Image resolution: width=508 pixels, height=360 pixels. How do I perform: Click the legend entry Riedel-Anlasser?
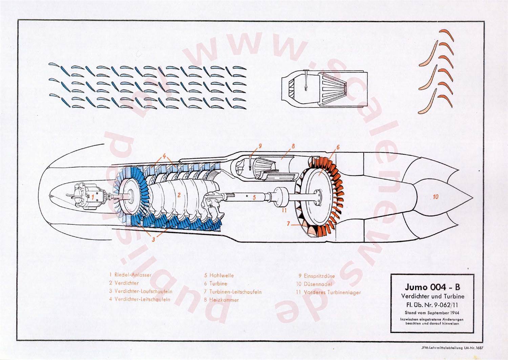(x=130, y=275)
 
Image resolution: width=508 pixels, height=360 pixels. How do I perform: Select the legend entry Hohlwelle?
(x=219, y=275)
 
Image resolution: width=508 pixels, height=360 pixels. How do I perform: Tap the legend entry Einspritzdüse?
(x=317, y=276)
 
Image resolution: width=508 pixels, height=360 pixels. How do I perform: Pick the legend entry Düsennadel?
(x=314, y=284)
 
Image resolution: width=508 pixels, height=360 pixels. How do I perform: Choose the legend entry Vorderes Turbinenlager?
(x=329, y=292)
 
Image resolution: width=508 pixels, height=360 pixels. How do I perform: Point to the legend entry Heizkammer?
(x=221, y=300)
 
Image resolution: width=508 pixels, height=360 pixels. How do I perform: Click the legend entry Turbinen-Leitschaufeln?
(x=233, y=292)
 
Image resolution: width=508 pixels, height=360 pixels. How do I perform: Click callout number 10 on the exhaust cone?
(x=436, y=196)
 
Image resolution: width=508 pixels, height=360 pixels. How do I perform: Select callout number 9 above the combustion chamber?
(x=260, y=146)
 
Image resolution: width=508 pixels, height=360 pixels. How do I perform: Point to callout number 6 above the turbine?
(x=338, y=147)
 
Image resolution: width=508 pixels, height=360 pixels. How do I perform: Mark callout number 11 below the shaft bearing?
(x=284, y=210)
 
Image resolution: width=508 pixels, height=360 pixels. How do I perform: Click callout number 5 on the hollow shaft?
(x=254, y=197)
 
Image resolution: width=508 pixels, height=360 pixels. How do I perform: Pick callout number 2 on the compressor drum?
(x=179, y=195)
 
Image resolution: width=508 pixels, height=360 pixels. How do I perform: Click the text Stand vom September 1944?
(x=432, y=313)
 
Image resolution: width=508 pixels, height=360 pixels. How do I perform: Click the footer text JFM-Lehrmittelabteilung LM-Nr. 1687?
(x=452, y=348)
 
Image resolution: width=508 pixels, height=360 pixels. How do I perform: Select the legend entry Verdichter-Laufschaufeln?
(x=141, y=291)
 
